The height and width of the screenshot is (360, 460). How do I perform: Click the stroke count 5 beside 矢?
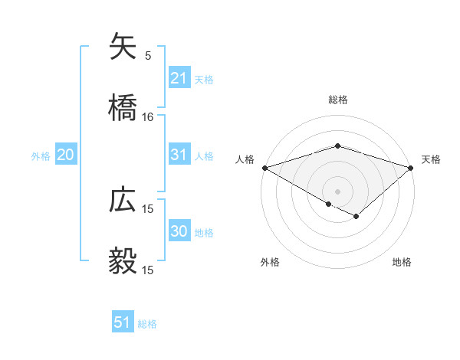(x=148, y=56)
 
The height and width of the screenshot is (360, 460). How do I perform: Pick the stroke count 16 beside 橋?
(x=148, y=117)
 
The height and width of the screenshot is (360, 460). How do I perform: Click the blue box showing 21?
(x=179, y=78)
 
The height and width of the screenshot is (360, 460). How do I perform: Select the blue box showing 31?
(x=179, y=155)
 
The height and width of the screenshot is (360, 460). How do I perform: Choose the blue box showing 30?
(x=179, y=231)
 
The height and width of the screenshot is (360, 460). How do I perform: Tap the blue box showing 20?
(x=65, y=155)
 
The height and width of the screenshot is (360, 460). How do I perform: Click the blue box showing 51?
(x=123, y=322)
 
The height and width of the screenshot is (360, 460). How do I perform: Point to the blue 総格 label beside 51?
(x=147, y=323)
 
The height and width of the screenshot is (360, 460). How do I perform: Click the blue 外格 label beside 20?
(x=41, y=155)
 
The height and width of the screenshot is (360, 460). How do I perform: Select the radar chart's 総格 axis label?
(x=338, y=100)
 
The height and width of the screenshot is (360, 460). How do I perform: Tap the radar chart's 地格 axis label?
(x=402, y=263)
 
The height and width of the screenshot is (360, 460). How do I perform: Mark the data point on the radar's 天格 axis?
(x=412, y=168)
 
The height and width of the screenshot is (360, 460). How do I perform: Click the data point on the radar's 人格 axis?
(x=264, y=168)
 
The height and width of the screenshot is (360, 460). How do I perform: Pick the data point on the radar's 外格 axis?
(x=329, y=205)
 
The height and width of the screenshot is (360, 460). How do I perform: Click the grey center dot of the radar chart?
(x=338, y=191)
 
